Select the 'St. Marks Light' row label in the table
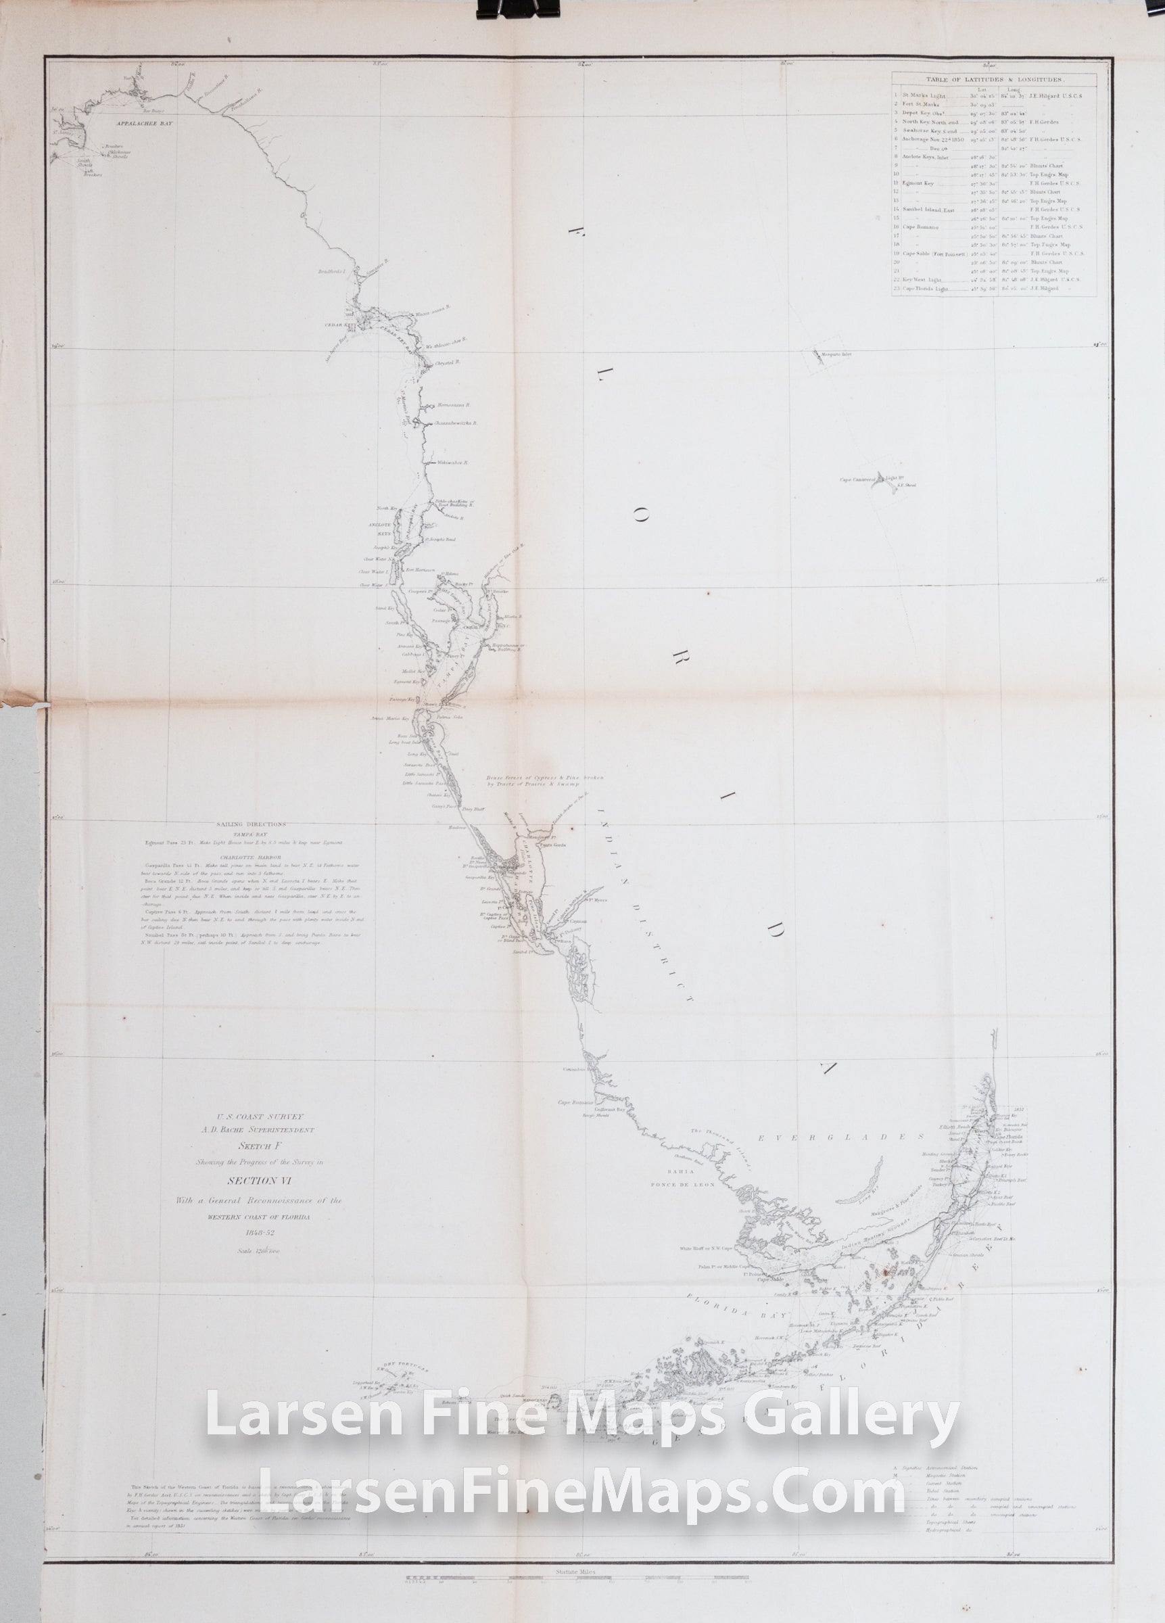pyautogui.click(x=924, y=96)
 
